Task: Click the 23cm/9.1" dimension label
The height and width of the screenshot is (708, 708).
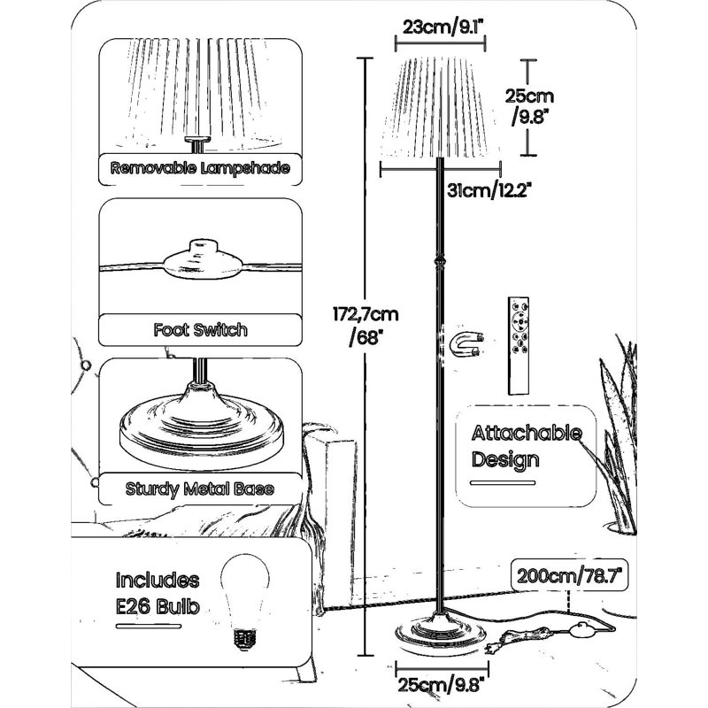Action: click(x=442, y=27)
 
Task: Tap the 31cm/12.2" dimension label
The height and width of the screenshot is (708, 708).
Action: click(x=489, y=190)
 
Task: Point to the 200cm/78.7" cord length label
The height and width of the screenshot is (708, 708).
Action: click(x=569, y=576)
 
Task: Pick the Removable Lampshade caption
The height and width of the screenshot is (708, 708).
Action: click(x=200, y=168)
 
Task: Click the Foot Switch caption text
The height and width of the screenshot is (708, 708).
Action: click(x=201, y=329)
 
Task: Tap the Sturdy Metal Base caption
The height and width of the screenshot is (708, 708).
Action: click(x=200, y=489)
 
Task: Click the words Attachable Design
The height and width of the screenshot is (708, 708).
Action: click(x=526, y=446)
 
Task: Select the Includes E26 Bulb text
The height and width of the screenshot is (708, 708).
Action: click(x=158, y=593)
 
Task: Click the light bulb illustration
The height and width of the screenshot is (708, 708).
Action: click(x=245, y=602)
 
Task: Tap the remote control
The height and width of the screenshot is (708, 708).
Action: click(x=518, y=346)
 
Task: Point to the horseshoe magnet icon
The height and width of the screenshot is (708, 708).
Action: click(x=467, y=344)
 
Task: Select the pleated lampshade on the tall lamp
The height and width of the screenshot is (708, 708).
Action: click(x=440, y=108)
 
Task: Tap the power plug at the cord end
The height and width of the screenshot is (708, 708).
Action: click(x=499, y=641)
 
